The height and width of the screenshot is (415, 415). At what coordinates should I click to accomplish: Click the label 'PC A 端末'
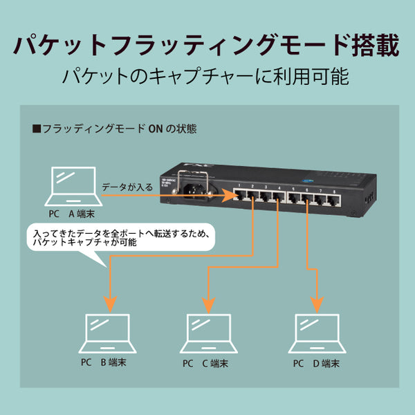pos(75,214)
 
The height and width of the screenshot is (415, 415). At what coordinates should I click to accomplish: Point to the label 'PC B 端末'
pos(103,362)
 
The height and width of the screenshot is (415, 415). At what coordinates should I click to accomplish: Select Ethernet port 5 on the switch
pos(296,199)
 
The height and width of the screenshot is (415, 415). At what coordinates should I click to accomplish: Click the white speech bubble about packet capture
pos(118,239)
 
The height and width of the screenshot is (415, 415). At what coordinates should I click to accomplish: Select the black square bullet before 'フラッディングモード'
pos(37,129)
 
